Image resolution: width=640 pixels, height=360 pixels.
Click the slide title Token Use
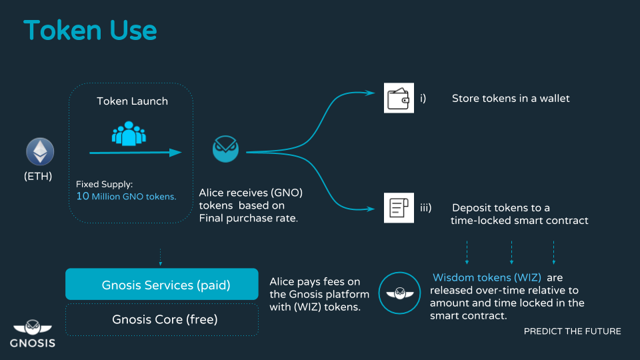tap(90, 31)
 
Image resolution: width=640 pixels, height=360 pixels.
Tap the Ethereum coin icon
tap(39, 152)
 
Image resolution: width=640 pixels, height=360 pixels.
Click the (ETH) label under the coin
tap(39, 177)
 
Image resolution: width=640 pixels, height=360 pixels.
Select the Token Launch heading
tap(132, 101)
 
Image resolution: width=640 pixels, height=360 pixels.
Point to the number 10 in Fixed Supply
tap(82, 196)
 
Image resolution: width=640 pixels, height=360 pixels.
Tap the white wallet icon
tap(399, 98)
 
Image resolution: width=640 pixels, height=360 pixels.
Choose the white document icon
tap(399, 207)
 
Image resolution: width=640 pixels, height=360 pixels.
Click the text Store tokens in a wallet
tap(511, 99)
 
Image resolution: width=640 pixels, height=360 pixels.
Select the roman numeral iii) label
tap(427, 208)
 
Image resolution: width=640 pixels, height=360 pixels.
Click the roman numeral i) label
tap(423, 99)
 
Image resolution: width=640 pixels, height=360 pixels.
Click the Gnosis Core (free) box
tap(161, 319)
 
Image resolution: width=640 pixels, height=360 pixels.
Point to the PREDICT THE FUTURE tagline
tap(572, 331)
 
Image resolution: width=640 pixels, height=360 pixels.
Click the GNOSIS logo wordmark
tap(33, 343)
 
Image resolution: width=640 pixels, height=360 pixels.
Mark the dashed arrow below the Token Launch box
tap(161, 257)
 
